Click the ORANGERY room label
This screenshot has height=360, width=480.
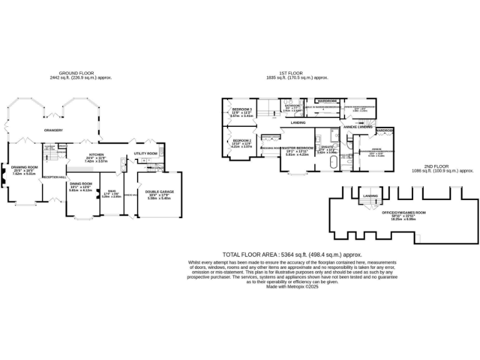(x=54, y=130)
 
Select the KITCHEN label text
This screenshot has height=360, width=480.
(x=96, y=154)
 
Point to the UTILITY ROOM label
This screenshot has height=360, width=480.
(x=146, y=153)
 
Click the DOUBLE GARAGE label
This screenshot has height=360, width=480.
(x=160, y=192)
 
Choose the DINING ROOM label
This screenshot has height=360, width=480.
(x=80, y=184)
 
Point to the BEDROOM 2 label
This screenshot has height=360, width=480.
(x=241, y=141)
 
